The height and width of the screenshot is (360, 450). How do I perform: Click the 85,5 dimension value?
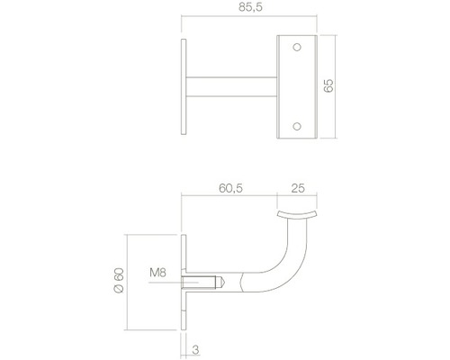(250, 7)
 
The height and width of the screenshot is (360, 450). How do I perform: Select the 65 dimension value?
(328, 85)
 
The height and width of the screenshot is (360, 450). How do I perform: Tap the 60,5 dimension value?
(230, 188)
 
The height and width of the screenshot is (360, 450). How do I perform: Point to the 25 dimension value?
(298, 188)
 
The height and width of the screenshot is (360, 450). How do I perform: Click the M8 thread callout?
(157, 273)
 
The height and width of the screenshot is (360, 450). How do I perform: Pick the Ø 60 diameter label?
(119, 281)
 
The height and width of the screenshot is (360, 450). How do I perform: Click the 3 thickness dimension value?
(195, 350)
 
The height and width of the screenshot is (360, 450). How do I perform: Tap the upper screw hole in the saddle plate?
(297, 48)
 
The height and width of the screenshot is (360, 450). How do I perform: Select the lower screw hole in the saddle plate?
(297, 127)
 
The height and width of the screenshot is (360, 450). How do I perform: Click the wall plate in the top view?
(184, 86)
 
